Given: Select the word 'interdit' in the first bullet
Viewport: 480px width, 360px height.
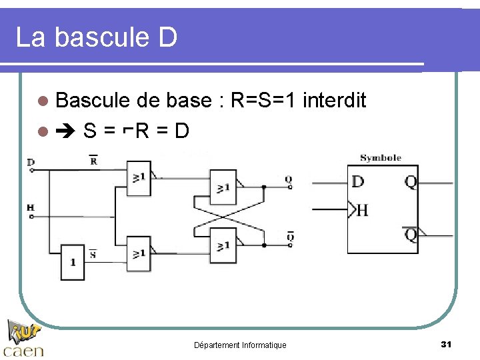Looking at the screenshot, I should [x=334, y=101].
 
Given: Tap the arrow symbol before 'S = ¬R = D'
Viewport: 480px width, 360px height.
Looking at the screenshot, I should [x=66, y=130].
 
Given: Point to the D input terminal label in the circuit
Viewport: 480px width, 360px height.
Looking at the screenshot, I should [x=31, y=162].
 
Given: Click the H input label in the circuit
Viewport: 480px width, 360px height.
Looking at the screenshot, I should [x=31, y=207].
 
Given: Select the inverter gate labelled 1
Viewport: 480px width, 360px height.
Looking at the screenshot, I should [x=73, y=259].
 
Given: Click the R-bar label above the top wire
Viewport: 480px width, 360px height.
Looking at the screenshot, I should [x=93, y=160].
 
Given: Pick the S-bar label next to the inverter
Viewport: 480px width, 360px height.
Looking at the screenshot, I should [x=93, y=253].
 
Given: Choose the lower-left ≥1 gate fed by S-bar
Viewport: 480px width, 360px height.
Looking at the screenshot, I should [x=139, y=253].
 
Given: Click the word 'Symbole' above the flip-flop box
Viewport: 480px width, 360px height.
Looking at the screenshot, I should [x=381, y=158].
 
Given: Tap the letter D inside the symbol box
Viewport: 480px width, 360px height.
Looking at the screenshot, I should [x=358, y=181].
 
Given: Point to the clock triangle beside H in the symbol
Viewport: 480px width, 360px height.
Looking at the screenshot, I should [x=352, y=210].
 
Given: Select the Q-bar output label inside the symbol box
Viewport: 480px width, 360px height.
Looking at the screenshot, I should [x=411, y=235].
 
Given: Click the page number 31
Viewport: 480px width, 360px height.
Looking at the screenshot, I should [x=447, y=344].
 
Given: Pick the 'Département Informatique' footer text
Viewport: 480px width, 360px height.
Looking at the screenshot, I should [x=240, y=345].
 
